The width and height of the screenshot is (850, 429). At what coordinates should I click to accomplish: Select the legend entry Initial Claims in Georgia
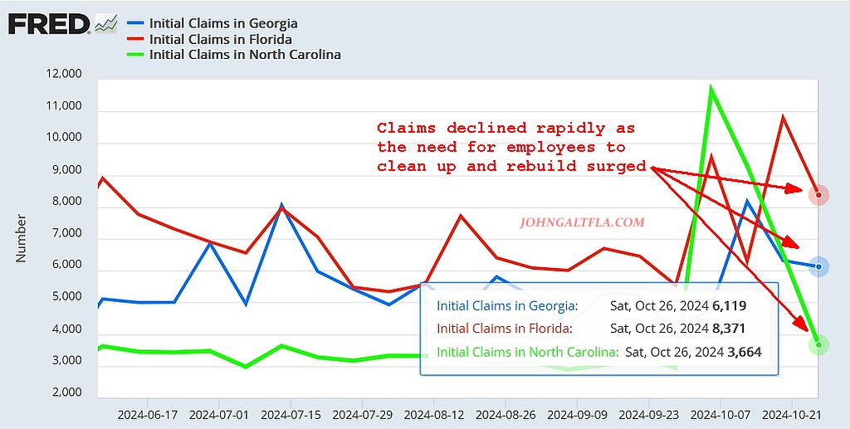tap(222, 23)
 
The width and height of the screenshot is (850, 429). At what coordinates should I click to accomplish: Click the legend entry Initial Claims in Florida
tap(220, 39)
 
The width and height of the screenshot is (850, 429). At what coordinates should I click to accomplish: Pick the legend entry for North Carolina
tap(245, 55)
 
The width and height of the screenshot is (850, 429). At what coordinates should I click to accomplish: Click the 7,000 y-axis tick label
tap(65, 234)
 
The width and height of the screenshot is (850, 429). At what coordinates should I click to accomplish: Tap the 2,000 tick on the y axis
tap(65, 392)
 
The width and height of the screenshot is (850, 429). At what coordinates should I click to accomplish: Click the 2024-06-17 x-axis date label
tap(147, 413)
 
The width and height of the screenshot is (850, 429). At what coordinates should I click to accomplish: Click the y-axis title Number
tap(22, 238)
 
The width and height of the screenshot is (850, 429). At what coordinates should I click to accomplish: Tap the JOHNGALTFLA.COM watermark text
tap(581, 222)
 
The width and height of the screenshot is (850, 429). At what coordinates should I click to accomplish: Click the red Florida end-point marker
tap(818, 196)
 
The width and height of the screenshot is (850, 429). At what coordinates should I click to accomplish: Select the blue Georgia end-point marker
tap(818, 266)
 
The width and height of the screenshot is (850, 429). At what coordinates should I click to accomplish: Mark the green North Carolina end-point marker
tap(818, 344)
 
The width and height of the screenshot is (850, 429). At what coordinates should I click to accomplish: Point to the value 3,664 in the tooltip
tap(745, 352)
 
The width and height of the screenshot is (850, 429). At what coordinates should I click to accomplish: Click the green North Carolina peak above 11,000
tap(711, 87)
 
